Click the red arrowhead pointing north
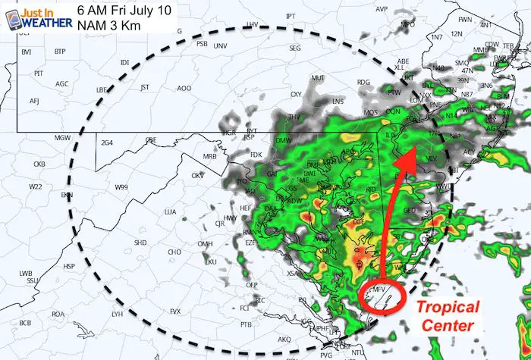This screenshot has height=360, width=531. (409, 155)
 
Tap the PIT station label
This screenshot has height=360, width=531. (39, 74)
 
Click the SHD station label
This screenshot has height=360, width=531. (140, 243)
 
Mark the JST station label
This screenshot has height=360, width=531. (145, 87)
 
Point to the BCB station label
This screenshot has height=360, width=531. (25, 323)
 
